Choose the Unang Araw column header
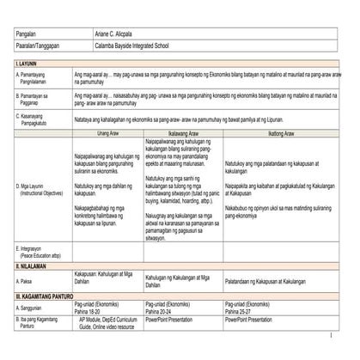tap(107, 134)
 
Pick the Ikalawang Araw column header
tap(183, 134)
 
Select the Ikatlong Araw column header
tap(281, 134)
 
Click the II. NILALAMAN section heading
tap(35, 267)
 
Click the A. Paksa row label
tap(30, 280)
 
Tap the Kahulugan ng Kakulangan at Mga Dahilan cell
tap(182, 280)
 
